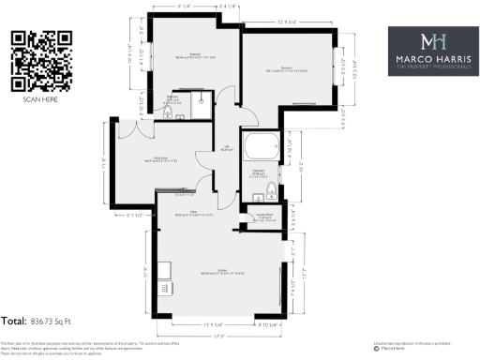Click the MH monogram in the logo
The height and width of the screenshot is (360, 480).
tap(431, 42)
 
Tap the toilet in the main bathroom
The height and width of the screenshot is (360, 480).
tap(270, 192)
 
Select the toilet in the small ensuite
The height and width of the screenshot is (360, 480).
tap(168, 112)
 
